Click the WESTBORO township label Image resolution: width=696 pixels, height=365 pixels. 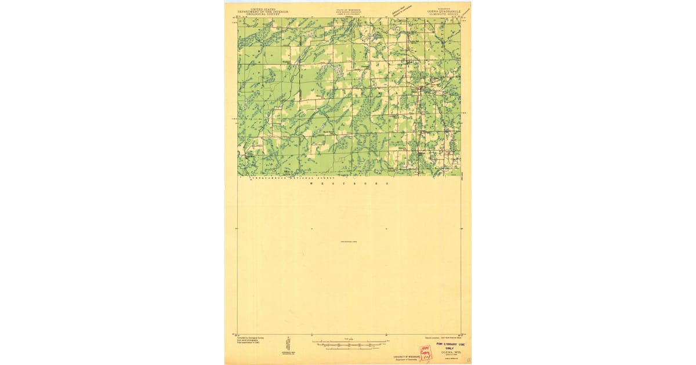[x=348, y=183]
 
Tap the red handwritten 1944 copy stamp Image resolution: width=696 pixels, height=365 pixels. [x=426, y=352]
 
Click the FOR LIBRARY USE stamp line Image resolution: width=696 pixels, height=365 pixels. [x=451, y=344]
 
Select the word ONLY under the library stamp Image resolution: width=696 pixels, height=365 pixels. [x=451, y=348]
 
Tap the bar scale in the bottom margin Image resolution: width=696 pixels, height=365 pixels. [x=348, y=343]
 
